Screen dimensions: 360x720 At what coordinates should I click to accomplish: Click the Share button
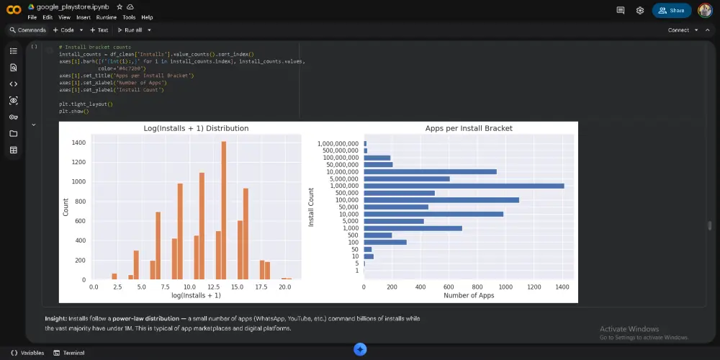tap(671, 11)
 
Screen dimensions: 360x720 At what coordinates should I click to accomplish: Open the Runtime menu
tap(106, 17)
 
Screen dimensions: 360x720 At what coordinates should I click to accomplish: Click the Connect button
tap(678, 30)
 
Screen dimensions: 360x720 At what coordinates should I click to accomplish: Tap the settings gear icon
tap(640, 11)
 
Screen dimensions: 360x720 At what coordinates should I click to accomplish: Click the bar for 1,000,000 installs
tap(464, 186)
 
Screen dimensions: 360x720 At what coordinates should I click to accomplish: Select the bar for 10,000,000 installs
tap(430, 171)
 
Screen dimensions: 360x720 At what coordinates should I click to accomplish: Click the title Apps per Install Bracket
tap(469, 128)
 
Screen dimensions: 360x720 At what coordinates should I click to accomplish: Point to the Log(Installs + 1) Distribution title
tap(196, 128)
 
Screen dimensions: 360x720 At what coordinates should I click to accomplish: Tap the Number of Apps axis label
tap(469, 295)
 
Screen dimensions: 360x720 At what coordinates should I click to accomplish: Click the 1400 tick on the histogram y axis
tap(78, 143)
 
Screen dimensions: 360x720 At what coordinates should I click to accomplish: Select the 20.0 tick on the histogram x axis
tap(285, 287)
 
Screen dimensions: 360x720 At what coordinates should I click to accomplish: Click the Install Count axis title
tap(312, 207)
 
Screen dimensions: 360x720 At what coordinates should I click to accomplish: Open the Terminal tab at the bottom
tap(70, 353)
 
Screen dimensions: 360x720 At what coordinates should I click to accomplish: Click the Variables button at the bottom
tap(27, 353)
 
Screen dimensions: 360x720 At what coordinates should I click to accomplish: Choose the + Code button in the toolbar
tap(63, 30)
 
